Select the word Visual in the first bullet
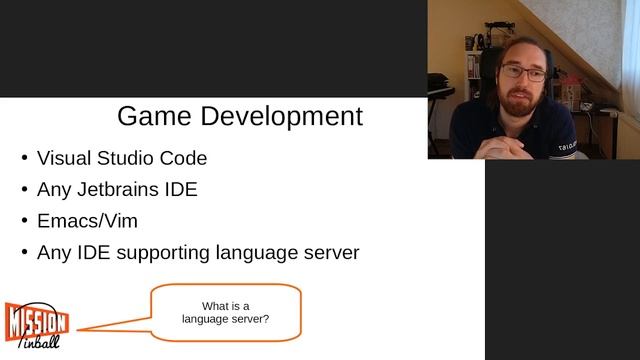tap(63, 158)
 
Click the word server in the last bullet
tap(329, 252)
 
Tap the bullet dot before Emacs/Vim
tap(24, 221)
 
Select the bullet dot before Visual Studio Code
tap(24, 158)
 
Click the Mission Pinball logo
tap(36, 324)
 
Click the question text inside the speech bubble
tap(225, 313)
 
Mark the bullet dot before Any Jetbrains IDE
tap(24, 189)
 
